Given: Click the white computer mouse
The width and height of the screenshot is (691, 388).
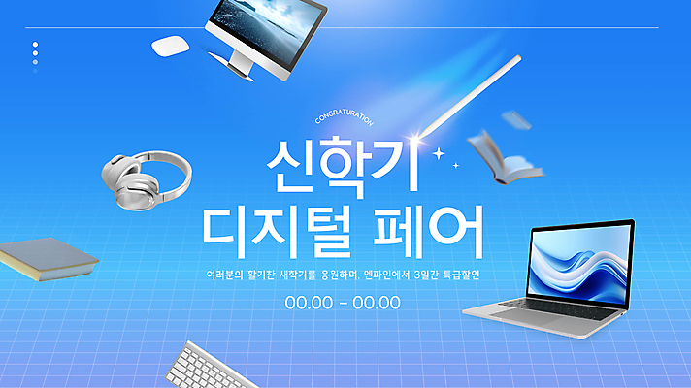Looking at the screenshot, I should pyautogui.click(x=170, y=45).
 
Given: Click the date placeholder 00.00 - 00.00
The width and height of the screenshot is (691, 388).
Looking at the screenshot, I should pyautogui.click(x=343, y=302).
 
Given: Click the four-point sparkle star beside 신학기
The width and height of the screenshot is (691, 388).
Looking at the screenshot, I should pyautogui.click(x=440, y=153).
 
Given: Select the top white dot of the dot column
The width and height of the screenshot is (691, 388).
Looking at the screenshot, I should pyautogui.click(x=35, y=44).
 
